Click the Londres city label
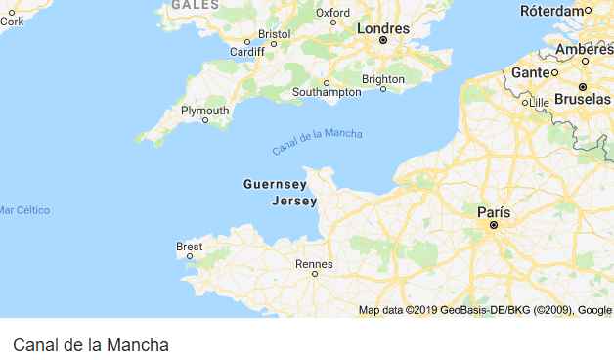(x=383, y=28)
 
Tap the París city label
(x=494, y=211)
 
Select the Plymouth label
(x=205, y=111)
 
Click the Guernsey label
(x=274, y=183)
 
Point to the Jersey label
(x=294, y=202)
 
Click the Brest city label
(x=190, y=247)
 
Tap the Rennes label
(x=314, y=264)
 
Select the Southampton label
(x=327, y=92)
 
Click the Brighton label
(x=382, y=79)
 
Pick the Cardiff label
(x=246, y=52)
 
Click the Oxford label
(x=332, y=12)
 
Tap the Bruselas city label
(x=582, y=99)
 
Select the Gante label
(x=530, y=72)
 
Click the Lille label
(x=539, y=102)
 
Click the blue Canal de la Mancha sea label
(x=317, y=142)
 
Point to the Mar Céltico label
(x=24, y=210)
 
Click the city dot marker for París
(x=494, y=225)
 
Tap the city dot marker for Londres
(x=383, y=41)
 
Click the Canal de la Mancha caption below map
(x=91, y=345)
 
